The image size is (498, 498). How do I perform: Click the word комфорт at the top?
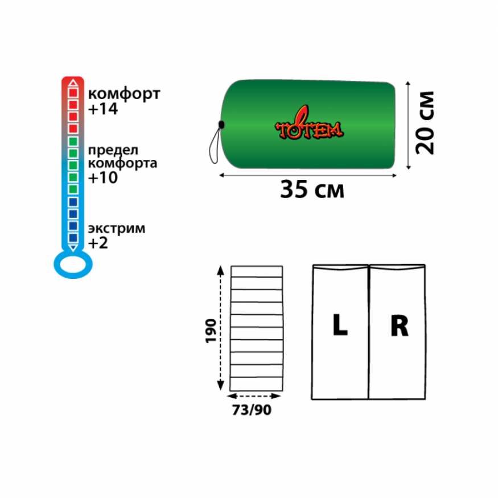click(124, 94)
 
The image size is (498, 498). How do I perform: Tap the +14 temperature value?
click(103, 109)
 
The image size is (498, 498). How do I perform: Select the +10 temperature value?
click(103, 178)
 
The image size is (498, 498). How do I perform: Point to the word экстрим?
click(116, 229)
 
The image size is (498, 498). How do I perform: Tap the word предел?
click(113, 150)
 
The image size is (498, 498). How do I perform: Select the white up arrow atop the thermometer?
click(73, 84)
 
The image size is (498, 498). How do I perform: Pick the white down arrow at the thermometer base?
click(73, 248)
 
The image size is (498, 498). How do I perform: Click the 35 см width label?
click(312, 190)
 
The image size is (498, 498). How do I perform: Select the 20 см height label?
click(425, 122)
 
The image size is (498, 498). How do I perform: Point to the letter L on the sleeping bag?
click(340, 326)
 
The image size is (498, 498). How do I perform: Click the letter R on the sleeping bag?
click(399, 326)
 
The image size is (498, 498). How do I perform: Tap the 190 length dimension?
click(211, 330)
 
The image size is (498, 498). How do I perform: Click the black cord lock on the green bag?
click(222, 124)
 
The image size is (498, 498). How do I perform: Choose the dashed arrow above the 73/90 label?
click(256, 396)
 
